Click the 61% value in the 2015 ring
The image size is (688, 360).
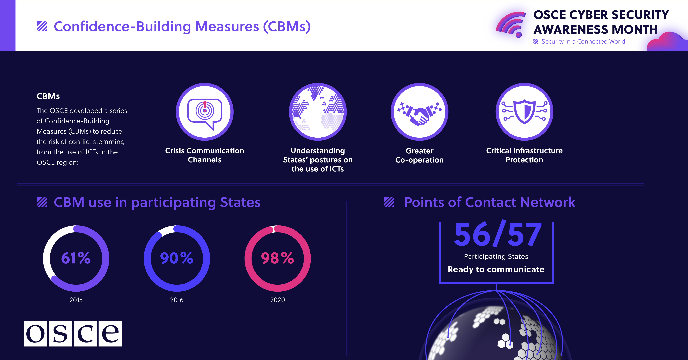(x=76, y=258)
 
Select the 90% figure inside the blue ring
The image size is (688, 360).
(x=177, y=258)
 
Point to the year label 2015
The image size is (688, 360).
(x=76, y=300)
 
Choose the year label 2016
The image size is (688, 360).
(x=177, y=300)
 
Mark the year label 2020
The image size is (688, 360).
(x=278, y=300)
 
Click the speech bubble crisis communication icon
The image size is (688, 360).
(x=205, y=112)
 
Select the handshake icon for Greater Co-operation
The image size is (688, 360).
(x=419, y=112)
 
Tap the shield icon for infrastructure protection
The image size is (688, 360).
(x=524, y=112)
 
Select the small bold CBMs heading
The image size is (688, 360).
(x=48, y=96)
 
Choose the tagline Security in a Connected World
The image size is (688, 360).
(x=583, y=41)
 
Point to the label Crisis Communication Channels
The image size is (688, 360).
(x=205, y=155)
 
